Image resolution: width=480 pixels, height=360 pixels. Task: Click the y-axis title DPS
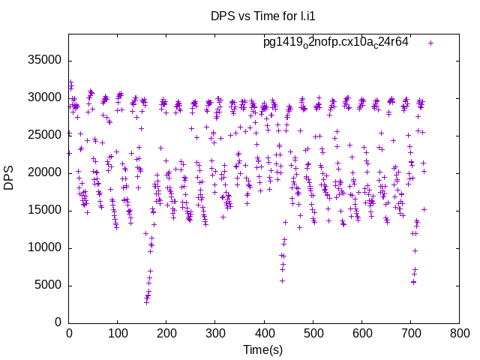(9, 178)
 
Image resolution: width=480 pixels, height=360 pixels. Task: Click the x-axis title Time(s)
(262, 349)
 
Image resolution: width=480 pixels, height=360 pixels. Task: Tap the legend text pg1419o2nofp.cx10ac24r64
(336, 43)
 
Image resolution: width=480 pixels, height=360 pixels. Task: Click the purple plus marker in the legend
(430, 43)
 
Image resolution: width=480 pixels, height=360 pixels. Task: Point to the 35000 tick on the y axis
(46, 60)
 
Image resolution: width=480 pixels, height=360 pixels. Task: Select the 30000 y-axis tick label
(46, 97)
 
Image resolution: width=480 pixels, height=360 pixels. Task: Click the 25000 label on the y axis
(46, 135)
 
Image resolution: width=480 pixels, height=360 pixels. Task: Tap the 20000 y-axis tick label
(46, 172)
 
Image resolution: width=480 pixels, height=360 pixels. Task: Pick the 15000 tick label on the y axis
(46, 210)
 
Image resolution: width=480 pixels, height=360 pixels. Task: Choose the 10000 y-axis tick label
(46, 247)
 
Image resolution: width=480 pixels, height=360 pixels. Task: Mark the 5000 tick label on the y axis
(49, 285)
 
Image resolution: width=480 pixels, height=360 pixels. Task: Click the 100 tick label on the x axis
(118, 333)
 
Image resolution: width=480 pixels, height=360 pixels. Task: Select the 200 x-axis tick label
(166, 333)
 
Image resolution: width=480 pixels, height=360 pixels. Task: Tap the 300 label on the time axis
(215, 333)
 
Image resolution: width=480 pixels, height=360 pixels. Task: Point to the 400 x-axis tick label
(264, 333)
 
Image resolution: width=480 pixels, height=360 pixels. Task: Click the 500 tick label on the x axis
(313, 333)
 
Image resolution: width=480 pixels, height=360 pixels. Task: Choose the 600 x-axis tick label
(361, 333)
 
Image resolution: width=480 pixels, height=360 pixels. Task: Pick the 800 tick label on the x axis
(459, 333)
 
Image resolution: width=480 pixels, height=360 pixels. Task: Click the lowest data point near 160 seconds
(146, 302)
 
